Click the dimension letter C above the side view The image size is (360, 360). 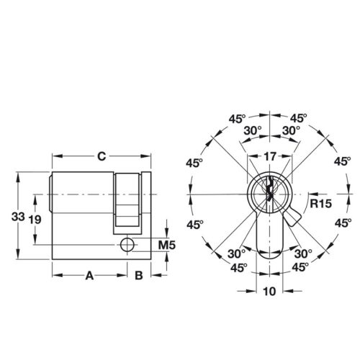[x=102, y=154]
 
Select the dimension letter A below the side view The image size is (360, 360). [x=90, y=274]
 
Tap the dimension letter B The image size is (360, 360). [x=140, y=274]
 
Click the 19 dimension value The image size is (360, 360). [x=34, y=219]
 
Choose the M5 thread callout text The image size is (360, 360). [x=167, y=246]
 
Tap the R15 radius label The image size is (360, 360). [x=321, y=204]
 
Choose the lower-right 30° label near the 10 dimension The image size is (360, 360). [x=304, y=253]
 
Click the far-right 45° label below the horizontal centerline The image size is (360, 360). [x=343, y=224]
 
